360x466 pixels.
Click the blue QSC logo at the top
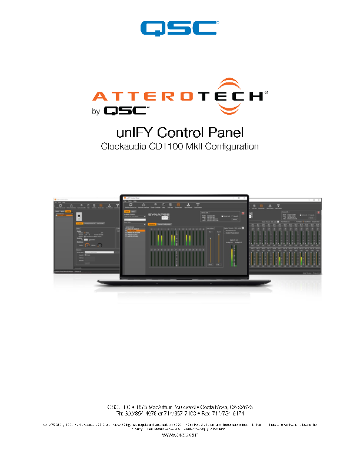click(x=179, y=28)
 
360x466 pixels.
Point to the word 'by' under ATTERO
click(x=96, y=111)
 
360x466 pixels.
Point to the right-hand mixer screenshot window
click(x=285, y=235)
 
